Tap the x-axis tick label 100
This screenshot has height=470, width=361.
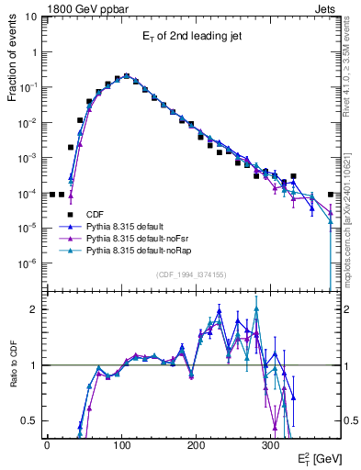click(x=121, y=444)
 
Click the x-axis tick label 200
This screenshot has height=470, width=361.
click(x=196, y=444)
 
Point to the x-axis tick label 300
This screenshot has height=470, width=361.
click(x=270, y=444)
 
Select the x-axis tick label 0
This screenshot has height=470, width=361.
click(x=47, y=444)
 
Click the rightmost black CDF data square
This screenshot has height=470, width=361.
click(x=331, y=195)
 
